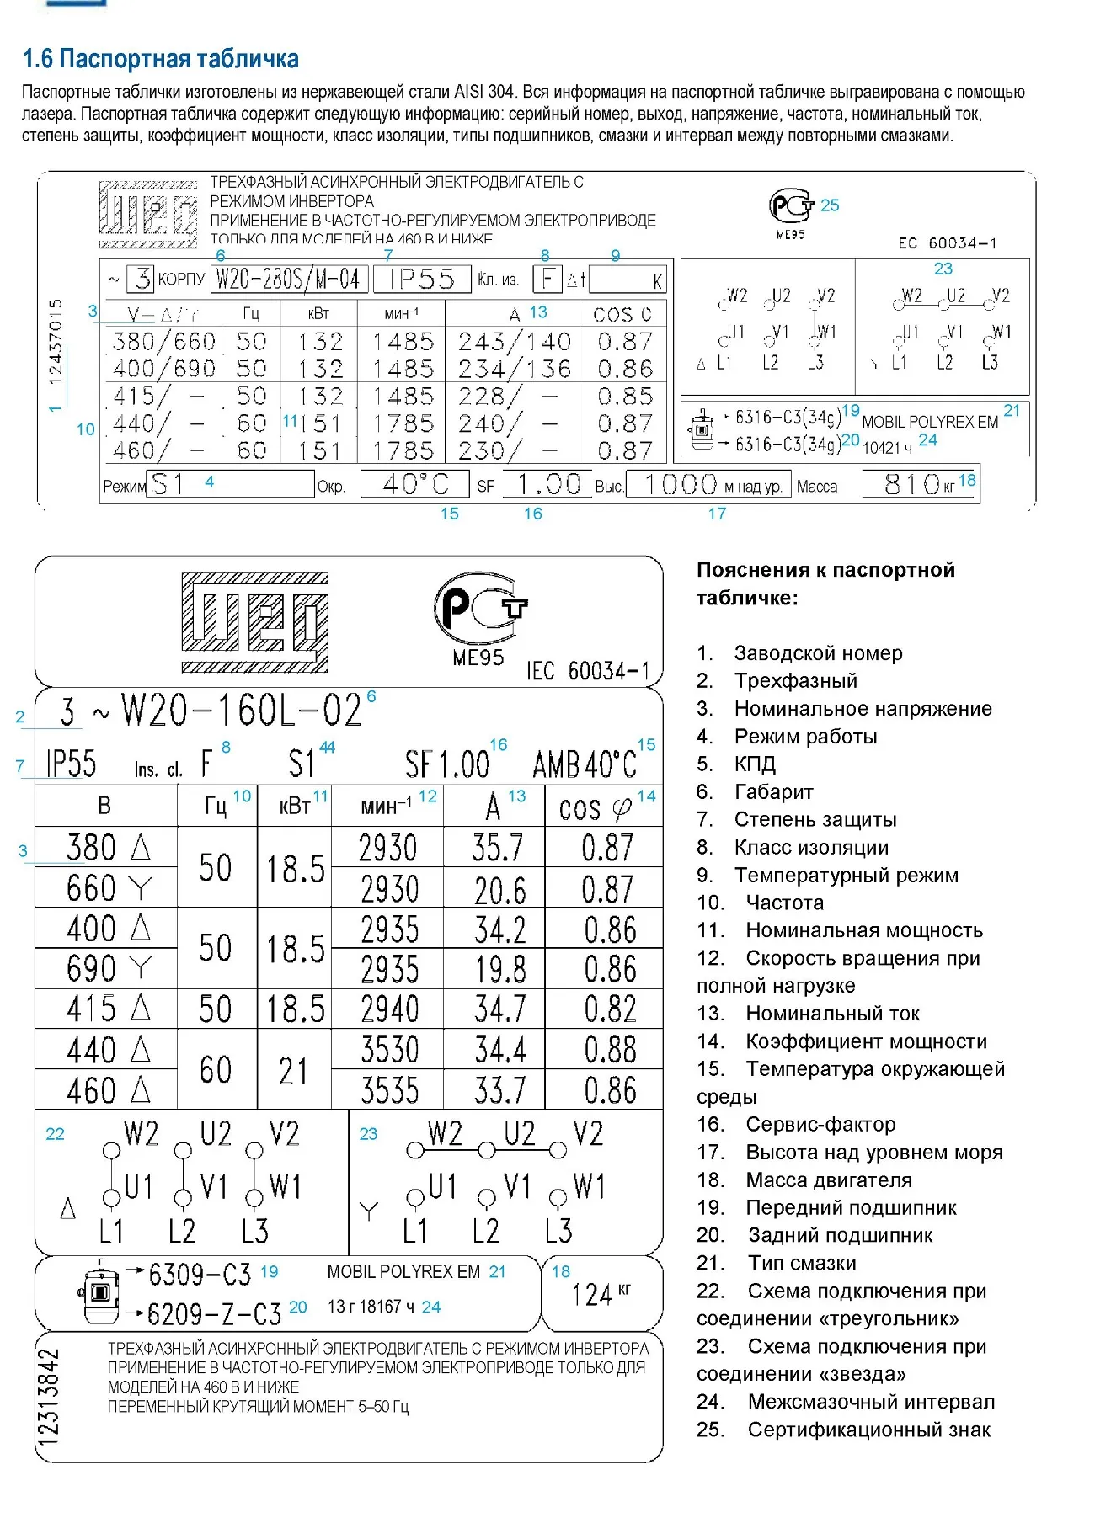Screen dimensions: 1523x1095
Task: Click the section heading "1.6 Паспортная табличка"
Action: (x=160, y=59)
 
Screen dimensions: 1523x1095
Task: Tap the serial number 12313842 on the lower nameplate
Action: (x=50, y=1397)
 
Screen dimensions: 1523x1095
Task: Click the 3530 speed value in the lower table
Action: (x=389, y=1050)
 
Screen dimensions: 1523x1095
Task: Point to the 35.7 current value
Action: (x=497, y=848)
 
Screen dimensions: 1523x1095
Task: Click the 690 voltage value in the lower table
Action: (x=91, y=969)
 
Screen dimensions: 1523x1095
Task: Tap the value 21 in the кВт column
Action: (x=293, y=1071)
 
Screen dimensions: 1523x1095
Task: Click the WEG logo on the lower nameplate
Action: (x=254, y=623)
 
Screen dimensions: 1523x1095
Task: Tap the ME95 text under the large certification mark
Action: (x=478, y=658)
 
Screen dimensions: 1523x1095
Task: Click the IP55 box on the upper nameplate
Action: (x=422, y=279)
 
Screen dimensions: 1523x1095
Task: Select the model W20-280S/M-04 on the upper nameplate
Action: (x=288, y=279)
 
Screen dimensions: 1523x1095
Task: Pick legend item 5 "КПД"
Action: (x=754, y=764)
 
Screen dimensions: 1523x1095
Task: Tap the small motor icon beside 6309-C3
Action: (x=99, y=1291)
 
